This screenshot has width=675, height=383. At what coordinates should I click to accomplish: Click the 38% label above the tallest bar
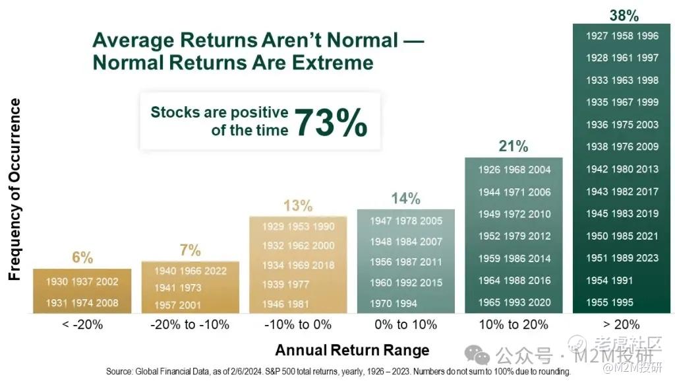coord(624,16)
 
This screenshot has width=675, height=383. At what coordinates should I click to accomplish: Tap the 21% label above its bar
coord(513,146)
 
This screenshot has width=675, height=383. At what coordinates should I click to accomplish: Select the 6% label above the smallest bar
coord(82,258)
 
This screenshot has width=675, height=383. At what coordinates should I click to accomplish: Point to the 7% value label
coord(190,250)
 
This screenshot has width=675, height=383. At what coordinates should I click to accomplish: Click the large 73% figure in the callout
coord(331,123)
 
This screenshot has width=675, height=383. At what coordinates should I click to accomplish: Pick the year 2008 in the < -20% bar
coord(107,303)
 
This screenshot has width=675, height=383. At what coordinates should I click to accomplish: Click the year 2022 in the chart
coord(216,271)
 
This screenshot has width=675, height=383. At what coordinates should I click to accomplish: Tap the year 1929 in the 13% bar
coord(274,226)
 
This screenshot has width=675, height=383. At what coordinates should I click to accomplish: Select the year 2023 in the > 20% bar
coord(647,258)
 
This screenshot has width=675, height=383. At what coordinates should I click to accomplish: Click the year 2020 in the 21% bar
coord(539,302)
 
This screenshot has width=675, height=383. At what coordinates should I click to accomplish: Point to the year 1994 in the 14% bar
coord(406,304)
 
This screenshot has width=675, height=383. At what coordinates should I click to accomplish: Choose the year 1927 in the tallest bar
coord(597,36)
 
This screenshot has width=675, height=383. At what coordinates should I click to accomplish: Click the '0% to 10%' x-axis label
coord(406,324)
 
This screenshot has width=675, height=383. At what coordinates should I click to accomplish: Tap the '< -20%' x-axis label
coord(82,324)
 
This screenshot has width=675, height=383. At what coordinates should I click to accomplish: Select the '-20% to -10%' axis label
coord(190,324)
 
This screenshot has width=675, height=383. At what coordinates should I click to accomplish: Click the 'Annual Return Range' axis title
coord(352,350)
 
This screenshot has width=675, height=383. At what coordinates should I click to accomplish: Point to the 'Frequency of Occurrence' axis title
coord(15,190)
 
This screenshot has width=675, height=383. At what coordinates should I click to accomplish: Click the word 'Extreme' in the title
coord(333,63)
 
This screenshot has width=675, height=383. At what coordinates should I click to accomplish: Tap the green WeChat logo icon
coord(477,355)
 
